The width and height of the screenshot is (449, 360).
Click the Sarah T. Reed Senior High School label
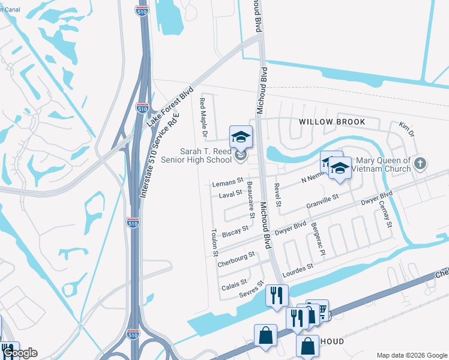pyautogui.click(x=206, y=155)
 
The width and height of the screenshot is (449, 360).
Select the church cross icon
pyautogui.click(x=420, y=163)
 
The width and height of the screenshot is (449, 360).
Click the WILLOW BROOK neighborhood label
pyautogui.click(x=332, y=122)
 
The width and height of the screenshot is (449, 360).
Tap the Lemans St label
pyautogui.click(x=227, y=181)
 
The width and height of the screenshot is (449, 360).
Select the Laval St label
pyautogui.click(x=230, y=194)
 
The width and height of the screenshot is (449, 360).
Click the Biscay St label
pyautogui.click(x=235, y=231)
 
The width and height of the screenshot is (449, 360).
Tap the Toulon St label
pyautogui.click(x=214, y=242)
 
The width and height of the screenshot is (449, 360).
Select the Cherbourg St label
pyautogui.click(x=236, y=259)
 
